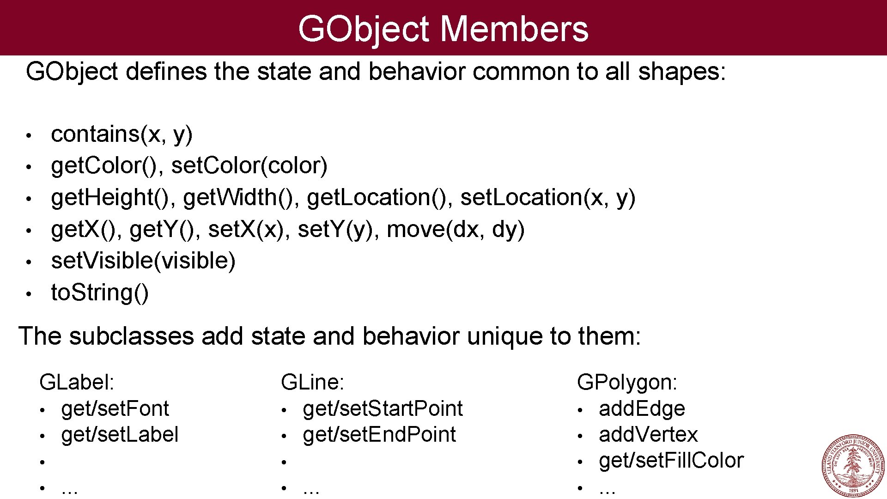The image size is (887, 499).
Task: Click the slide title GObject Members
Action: pos(443,29)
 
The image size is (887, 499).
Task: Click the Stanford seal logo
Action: pos(853,465)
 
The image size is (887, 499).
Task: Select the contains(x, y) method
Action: pos(122,134)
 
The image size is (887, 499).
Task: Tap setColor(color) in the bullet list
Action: pos(249,166)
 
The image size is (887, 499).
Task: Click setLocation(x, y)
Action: pos(548,198)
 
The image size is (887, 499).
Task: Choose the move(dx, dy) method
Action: pos(456,230)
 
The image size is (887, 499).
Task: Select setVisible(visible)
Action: pos(143,261)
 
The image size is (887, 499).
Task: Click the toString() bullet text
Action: pos(100,293)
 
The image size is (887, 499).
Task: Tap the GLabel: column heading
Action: pos(77,383)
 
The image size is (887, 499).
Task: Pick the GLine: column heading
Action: pos(312,383)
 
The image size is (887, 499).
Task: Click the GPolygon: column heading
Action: pos(627,383)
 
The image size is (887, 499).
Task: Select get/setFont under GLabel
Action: pos(115,409)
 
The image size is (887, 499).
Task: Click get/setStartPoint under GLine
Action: pos(383,409)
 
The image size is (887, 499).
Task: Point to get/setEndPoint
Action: pos(379,435)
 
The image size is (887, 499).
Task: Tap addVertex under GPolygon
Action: pos(648,435)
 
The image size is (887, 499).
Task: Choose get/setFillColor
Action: pos(671,461)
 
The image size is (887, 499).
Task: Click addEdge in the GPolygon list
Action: pos(642,409)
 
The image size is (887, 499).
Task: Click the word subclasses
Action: pos(131,336)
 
